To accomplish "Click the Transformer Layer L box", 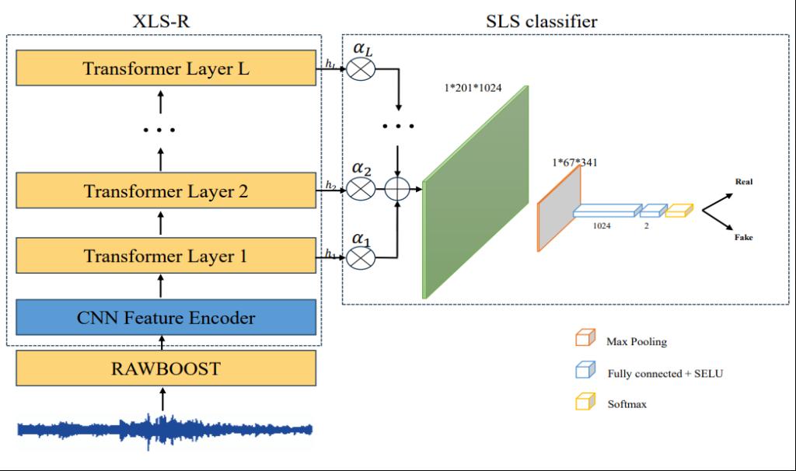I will (166, 68).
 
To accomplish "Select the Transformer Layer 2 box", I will (166, 190).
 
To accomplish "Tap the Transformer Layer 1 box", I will (166, 256).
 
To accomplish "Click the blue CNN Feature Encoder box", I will (166, 317).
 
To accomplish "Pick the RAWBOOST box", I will (166, 368).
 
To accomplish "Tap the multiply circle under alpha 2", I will (361, 189).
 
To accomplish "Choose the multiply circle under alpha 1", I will (361, 256).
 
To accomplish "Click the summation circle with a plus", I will (398, 189).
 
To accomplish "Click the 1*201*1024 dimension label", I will (473, 89).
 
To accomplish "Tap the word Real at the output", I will (744, 182).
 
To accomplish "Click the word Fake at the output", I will (744, 237).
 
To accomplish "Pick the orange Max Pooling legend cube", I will (583, 340).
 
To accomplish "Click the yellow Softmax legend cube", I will (583, 403).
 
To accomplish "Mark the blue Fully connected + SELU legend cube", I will (583, 372).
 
